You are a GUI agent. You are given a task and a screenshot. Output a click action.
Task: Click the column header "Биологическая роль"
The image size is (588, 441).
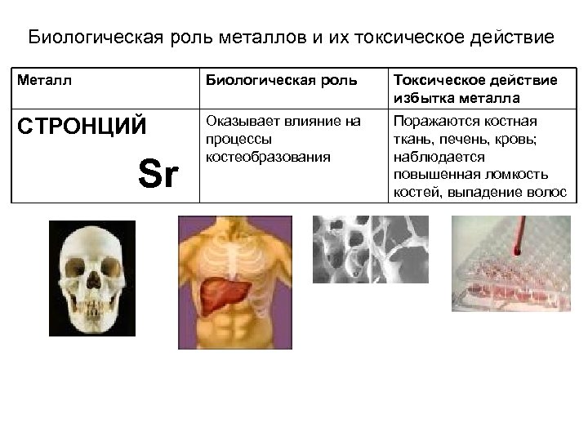click(x=281, y=81)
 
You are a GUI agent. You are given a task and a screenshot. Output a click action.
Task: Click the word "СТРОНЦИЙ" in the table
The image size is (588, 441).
click(x=82, y=127)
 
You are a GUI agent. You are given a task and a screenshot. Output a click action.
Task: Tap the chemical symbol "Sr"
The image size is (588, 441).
click(x=158, y=174)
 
